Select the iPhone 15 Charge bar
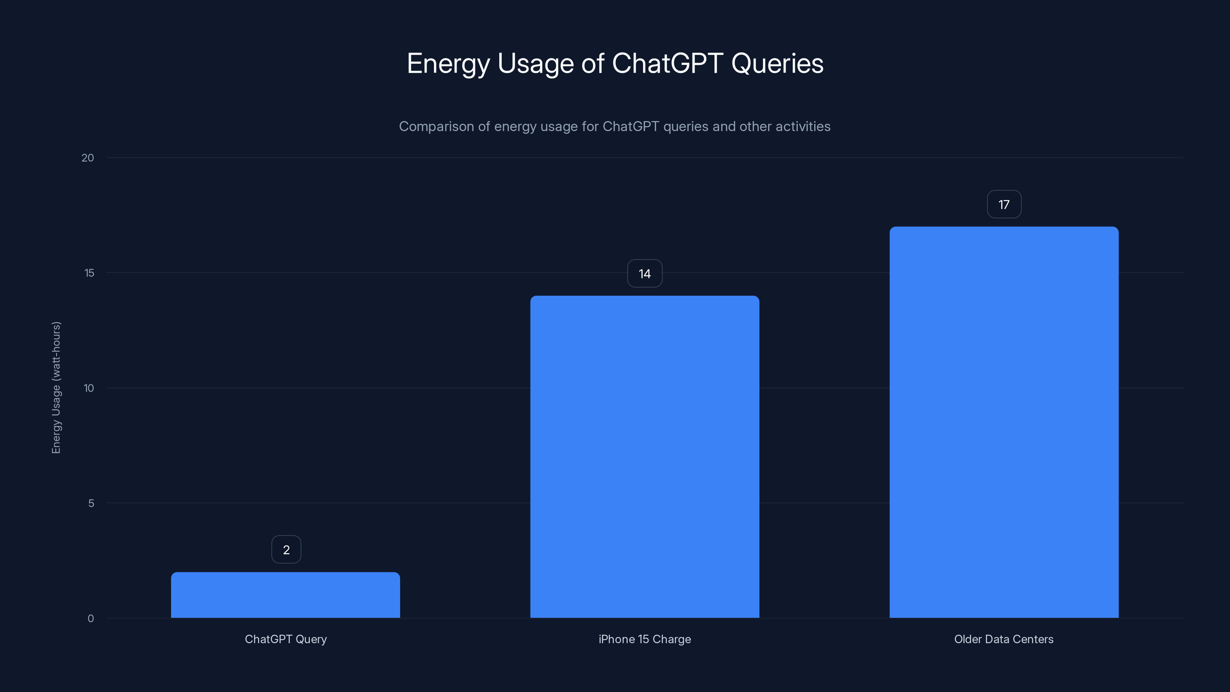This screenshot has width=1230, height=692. click(645, 457)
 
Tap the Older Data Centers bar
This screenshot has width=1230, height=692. click(1004, 422)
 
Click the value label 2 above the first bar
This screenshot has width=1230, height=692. click(286, 550)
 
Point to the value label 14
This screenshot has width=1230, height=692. click(645, 274)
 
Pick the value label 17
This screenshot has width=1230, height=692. click(1004, 205)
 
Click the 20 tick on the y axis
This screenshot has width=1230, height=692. click(88, 158)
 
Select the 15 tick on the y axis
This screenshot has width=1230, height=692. click(89, 273)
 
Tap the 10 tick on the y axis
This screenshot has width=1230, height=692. click(89, 388)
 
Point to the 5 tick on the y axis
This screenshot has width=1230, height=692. click(91, 503)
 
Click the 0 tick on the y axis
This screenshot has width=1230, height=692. click(91, 619)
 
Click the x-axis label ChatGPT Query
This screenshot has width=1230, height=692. click(286, 639)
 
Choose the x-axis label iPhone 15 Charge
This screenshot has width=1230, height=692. click(645, 639)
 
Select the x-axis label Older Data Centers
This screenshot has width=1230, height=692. click(1004, 639)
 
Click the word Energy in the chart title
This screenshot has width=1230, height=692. click(448, 64)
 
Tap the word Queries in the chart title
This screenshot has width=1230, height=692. click(777, 63)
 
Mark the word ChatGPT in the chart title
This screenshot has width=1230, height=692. click(667, 63)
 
